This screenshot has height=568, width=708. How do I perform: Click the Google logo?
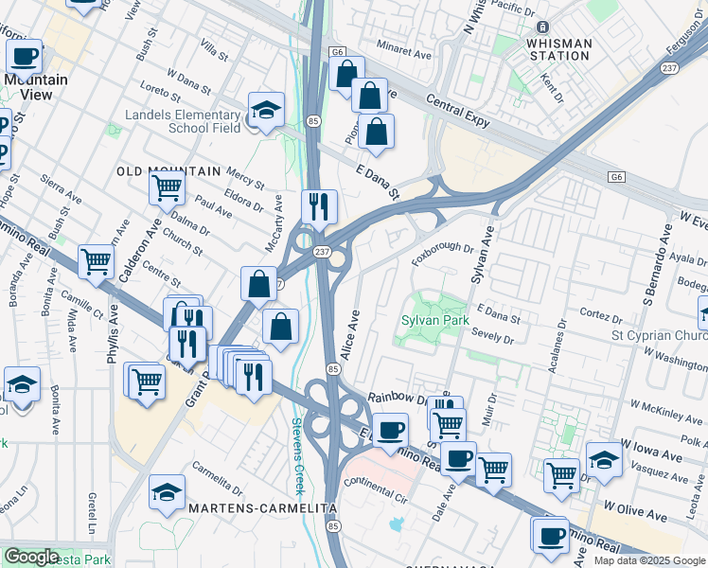31,557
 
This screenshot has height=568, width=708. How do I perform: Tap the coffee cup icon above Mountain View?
25,57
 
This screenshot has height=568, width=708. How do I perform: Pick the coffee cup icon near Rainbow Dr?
389,431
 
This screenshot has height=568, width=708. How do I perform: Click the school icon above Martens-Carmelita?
168,491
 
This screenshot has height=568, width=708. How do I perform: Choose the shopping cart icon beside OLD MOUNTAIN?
168,187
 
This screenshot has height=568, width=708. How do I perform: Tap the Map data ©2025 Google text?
649,560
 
